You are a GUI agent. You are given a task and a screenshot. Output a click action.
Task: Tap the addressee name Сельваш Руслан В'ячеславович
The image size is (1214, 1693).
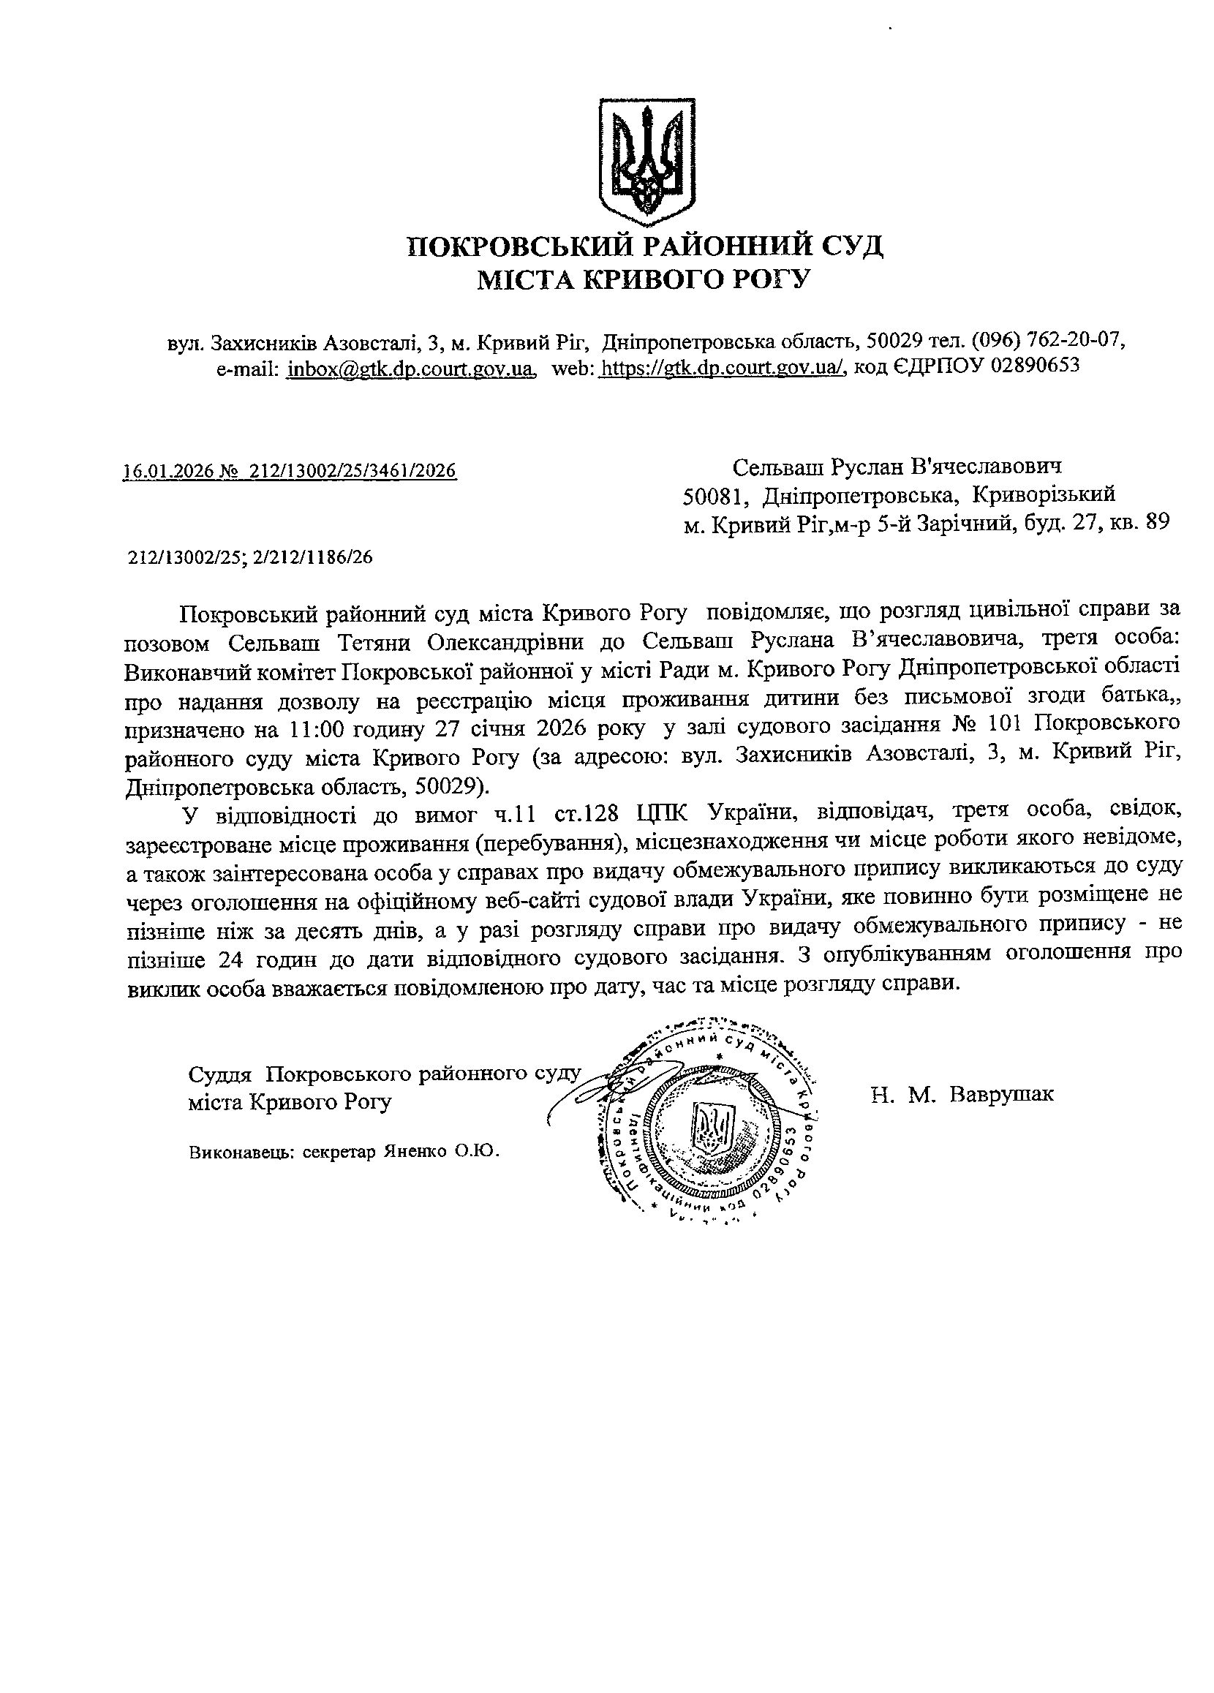coord(896,467)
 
